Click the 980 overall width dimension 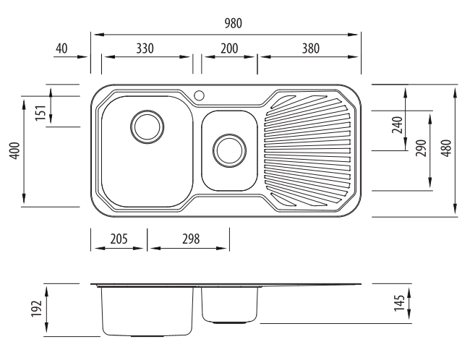[x=234, y=23]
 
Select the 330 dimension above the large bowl [x=145, y=48]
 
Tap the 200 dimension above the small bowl [x=229, y=48]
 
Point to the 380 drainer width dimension [x=311, y=48]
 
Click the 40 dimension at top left [x=61, y=48]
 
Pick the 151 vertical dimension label [x=40, y=113]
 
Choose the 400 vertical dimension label [x=14, y=151]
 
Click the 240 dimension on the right [x=397, y=125]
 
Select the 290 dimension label [x=421, y=148]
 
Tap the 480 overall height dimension [x=446, y=148]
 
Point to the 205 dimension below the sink [x=119, y=239]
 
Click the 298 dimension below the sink [x=191, y=239]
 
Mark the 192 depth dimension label [x=36, y=309]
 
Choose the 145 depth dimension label [x=399, y=303]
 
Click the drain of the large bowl [x=148, y=127]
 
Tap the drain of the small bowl [x=229, y=151]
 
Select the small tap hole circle [x=199, y=95]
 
